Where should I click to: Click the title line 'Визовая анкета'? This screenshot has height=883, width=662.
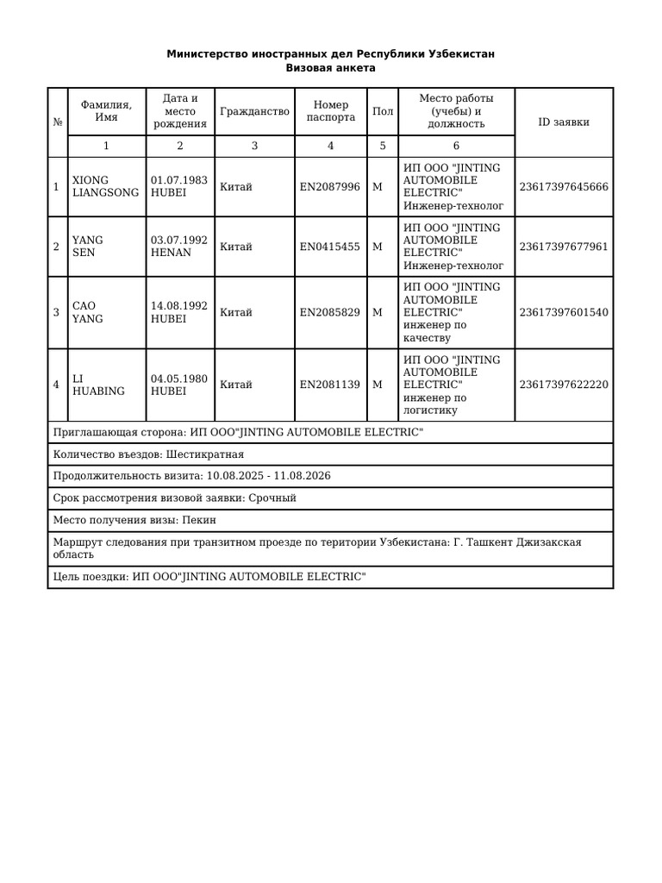[x=330, y=68]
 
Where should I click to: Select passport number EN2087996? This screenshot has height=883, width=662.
[x=330, y=187]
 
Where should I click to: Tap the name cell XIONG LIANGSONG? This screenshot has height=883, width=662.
[x=105, y=187]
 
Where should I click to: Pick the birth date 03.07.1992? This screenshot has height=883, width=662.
[x=179, y=241]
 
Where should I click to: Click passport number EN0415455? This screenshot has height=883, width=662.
[x=330, y=247]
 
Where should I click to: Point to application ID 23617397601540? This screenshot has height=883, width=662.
[x=564, y=312]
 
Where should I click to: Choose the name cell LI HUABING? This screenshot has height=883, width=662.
[x=98, y=385]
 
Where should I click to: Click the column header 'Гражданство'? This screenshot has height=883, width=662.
[x=254, y=111]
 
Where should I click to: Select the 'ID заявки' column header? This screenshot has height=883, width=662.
[x=564, y=122]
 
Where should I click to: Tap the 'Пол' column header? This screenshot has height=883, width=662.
[x=383, y=111]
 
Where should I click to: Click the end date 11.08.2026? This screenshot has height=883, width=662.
[x=302, y=476]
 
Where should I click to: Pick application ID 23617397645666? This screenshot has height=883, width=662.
[x=564, y=187]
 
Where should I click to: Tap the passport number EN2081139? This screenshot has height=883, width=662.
[x=330, y=385]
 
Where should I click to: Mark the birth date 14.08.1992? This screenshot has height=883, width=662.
[x=179, y=306]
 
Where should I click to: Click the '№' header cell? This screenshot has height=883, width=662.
[x=57, y=122]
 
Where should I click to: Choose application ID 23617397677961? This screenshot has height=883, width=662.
[x=564, y=247]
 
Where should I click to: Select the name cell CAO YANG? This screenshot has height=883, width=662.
[x=88, y=312]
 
